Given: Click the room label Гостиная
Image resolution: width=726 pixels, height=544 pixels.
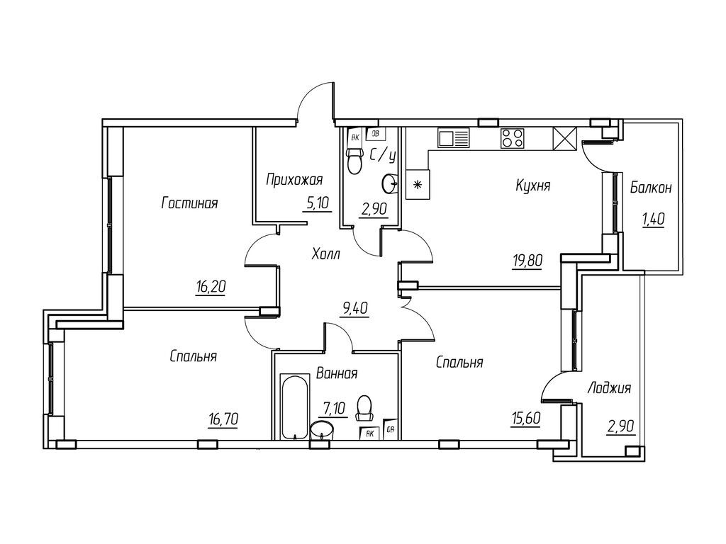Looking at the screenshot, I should tap(189, 203).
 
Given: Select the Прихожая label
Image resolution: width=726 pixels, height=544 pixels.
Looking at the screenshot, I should tap(294, 180).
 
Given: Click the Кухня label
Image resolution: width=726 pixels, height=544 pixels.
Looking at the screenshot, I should tap(533, 186).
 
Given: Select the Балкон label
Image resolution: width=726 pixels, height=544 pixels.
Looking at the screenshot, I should tap(651, 188).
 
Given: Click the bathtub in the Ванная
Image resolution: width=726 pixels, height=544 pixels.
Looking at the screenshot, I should tap(294, 407).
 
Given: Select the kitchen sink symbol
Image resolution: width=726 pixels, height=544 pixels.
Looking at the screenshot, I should tap(453, 137).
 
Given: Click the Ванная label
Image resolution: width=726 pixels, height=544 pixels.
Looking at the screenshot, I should tap(337, 373).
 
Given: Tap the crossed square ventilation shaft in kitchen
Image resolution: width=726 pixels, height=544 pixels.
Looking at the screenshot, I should tap(565, 139).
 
